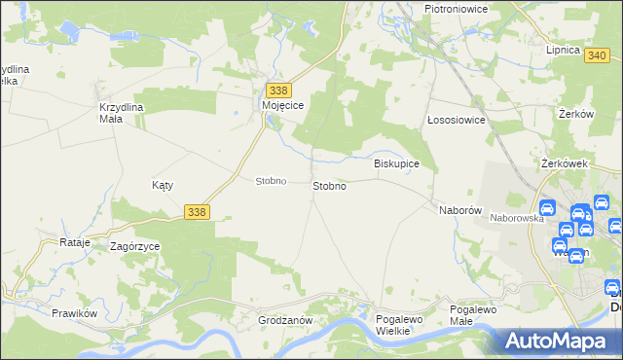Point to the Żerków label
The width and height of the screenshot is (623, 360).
tap(576, 114)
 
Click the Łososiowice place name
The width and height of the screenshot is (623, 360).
tap(457, 120)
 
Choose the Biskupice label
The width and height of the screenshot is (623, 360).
tap(397, 163)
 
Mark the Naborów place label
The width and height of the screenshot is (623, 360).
tap(460, 209)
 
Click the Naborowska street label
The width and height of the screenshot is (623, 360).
tap(516, 219)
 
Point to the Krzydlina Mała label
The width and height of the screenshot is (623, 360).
tap(122, 113)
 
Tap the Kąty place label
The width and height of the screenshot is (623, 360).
tap(163, 184)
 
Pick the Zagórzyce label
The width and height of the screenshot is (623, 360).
tap(134, 247)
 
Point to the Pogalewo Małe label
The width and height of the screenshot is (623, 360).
tap(474, 314)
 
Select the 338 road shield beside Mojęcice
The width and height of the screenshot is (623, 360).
tap(277, 90)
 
